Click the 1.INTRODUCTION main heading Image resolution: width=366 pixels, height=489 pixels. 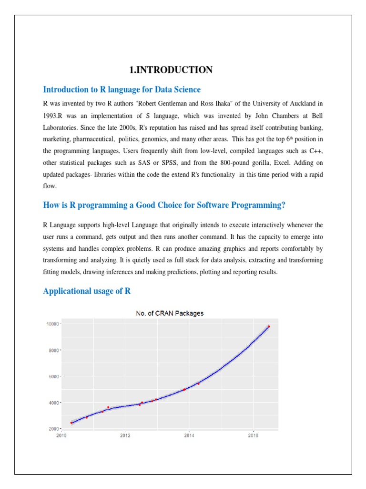(x=171, y=70)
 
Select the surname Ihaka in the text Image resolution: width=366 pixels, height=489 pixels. (x=193, y=103)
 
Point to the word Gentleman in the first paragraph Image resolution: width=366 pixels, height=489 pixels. (x=143, y=103)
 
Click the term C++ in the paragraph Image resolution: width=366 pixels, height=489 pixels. (x=314, y=150)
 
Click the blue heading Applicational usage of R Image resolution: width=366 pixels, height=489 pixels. (x=87, y=291)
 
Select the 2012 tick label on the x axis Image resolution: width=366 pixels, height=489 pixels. (x=125, y=435)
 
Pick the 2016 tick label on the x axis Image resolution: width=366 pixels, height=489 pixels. (x=253, y=435)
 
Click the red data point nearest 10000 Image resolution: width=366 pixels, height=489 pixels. (x=269, y=327)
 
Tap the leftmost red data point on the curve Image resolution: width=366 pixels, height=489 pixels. (x=71, y=423)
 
